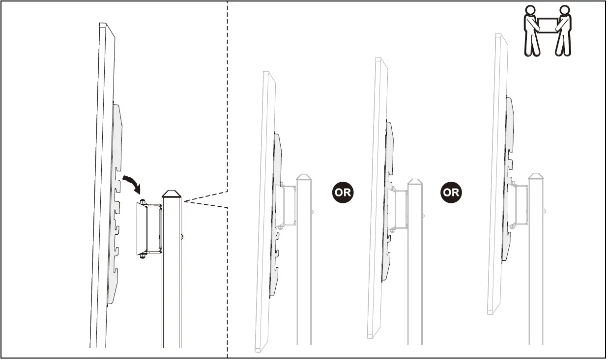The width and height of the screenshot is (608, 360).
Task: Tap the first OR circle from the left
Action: point(343,192)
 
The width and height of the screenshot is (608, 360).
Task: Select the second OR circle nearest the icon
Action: point(451,192)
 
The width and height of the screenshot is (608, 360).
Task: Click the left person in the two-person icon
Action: point(530,30)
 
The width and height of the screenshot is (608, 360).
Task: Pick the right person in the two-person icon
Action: point(563,30)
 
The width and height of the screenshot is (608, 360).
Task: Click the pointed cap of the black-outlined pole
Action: point(172,194)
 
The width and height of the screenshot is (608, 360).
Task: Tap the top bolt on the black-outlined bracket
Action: point(143,201)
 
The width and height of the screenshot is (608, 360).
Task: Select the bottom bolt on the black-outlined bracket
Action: point(143,255)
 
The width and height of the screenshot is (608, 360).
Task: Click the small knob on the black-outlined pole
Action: point(183,236)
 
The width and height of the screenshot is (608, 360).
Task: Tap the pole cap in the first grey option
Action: point(304,177)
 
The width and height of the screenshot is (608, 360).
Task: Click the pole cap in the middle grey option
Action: point(415,182)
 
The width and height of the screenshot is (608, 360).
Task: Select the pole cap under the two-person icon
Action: point(536,176)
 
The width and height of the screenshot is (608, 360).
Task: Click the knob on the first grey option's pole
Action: point(313,212)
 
